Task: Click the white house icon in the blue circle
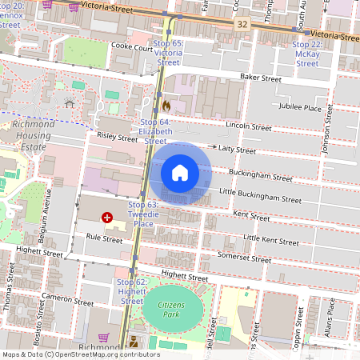tap(180, 173)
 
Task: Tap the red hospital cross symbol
tap(106, 218)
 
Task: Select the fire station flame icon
tap(166, 105)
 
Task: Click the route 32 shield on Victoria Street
tap(242, 26)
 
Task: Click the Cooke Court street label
tap(132, 48)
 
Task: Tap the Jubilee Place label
tap(299, 107)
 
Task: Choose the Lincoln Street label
tap(249, 126)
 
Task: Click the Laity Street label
tap(237, 150)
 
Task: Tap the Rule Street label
tap(104, 238)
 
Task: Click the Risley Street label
tap(116, 138)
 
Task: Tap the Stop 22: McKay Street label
tap(307, 54)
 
